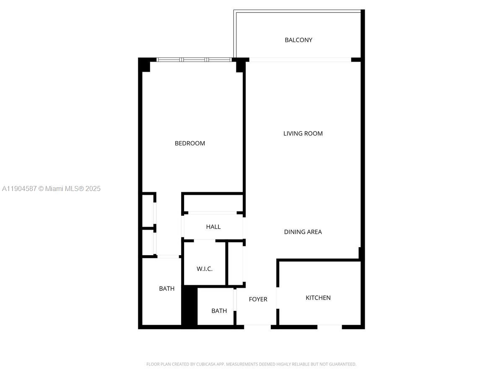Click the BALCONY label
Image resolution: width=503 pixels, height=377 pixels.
[x=298, y=40]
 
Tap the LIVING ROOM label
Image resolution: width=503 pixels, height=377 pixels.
[x=303, y=134]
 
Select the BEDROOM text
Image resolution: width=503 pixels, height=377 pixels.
[x=190, y=143]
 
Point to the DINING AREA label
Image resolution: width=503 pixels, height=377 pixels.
[x=303, y=232]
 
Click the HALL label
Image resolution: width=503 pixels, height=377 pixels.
[x=213, y=227]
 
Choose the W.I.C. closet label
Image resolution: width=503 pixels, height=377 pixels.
[x=205, y=269]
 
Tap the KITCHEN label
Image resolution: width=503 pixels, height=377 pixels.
[x=318, y=298]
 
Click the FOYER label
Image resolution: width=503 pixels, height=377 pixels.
[x=258, y=300]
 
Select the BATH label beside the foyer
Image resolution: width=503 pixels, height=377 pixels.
[x=219, y=311]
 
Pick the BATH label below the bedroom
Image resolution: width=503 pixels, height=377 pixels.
[x=166, y=289]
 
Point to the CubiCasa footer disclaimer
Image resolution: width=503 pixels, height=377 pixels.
[x=251, y=364]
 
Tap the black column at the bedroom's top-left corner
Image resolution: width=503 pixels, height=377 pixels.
[x=145, y=65]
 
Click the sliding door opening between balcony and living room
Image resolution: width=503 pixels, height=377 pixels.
[x=300, y=60]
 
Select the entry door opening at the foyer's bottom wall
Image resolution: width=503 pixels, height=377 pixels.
[x=257, y=326]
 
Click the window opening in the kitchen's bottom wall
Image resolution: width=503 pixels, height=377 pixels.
[x=329, y=326]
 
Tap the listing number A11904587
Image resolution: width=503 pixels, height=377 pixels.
[x=19, y=189]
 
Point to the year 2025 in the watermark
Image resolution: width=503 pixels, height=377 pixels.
[x=93, y=189]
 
